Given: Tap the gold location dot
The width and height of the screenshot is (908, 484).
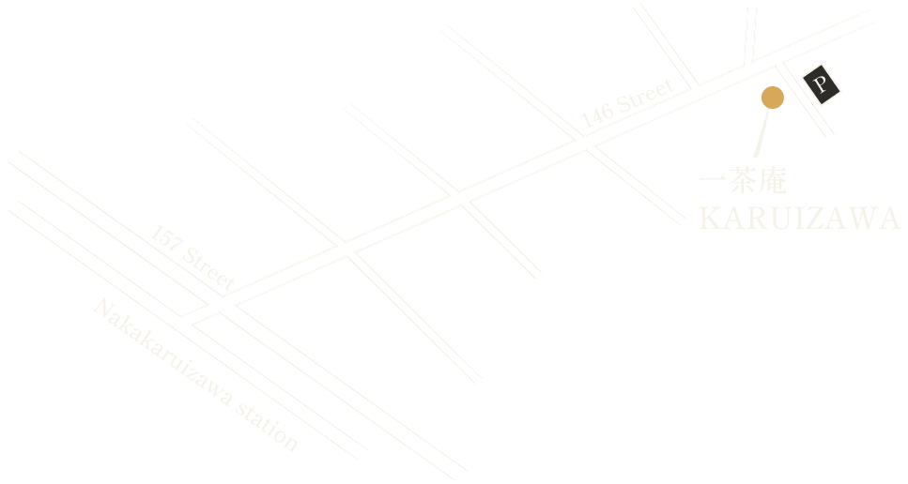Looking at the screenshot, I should [772, 97].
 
